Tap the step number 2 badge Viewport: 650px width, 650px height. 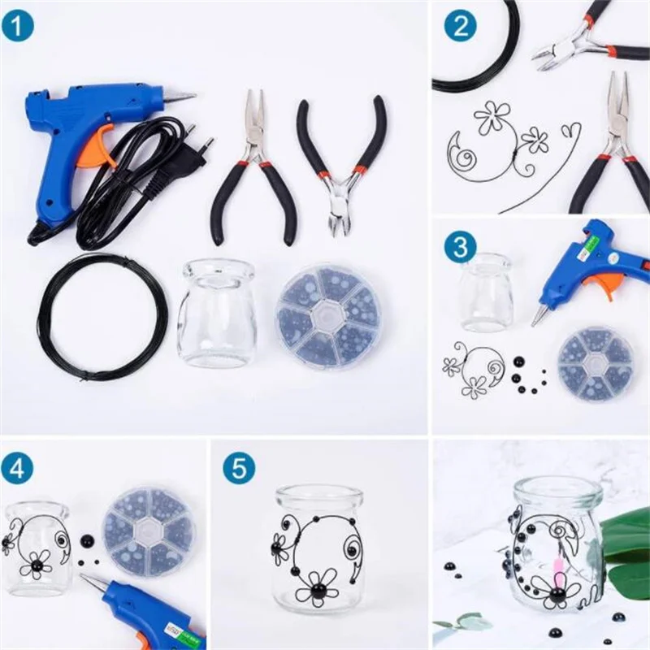pos(461,26)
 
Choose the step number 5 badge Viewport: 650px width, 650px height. pos(239,469)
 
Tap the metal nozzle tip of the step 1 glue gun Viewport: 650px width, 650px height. pos(180,95)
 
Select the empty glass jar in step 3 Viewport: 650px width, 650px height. pos(487,293)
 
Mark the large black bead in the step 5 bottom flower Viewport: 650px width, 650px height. pos(318,588)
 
